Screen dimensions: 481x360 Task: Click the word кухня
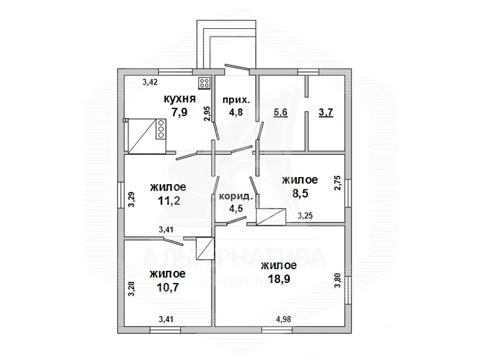pyautogui.click(x=180, y=99)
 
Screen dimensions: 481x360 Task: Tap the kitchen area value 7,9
pyautogui.click(x=179, y=112)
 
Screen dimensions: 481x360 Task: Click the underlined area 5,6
pyautogui.click(x=280, y=112)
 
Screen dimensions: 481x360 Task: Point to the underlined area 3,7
pyautogui.click(x=326, y=112)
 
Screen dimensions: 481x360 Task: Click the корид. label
pyautogui.click(x=236, y=197)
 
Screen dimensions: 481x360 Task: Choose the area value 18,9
pyautogui.click(x=279, y=279)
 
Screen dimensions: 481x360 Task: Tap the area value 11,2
pyautogui.click(x=169, y=201)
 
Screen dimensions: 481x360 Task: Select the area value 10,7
pyautogui.click(x=168, y=287)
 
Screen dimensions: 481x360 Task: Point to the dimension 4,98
pyautogui.click(x=283, y=319)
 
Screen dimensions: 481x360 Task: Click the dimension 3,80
pyautogui.click(x=337, y=280)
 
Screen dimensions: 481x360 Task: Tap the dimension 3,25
pyautogui.click(x=305, y=216)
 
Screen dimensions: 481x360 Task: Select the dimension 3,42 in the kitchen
pyautogui.click(x=150, y=82)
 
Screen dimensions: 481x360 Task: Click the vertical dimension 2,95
pyautogui.click(x=208, y=114)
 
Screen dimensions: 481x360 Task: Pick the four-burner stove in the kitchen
pyautogui.click(x=205, y=83)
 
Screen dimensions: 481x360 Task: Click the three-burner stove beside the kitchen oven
pyautogui.click(x=161, y=129)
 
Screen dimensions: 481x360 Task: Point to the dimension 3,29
pyautogui.click(x=131, y=200)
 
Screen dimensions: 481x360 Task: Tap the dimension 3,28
pyautogui.click(x=131, y=289)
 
